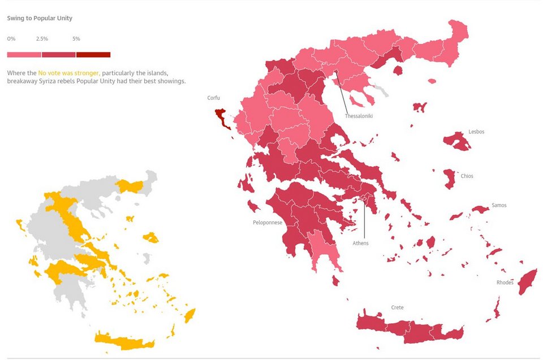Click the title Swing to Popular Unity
(x=40, y=18)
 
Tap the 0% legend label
(x=11, y=38)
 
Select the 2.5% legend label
(x=42, y=38)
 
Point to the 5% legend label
(x=76, y=38)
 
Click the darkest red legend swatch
(x=93, y=55)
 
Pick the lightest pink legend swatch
(x=24, y=55)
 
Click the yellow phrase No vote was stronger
(x=69, y=73)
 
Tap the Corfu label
(x=213, y=98)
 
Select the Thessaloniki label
(x=359, y=116)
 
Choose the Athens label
(x=360, y=243)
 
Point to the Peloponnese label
(x=268, y=222)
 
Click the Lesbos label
(x=476, y=132)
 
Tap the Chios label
(x=467, y=176)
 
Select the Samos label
(x=499, y=205)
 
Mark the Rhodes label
(x=505, y=283)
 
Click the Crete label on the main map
(x=397, y=307)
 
